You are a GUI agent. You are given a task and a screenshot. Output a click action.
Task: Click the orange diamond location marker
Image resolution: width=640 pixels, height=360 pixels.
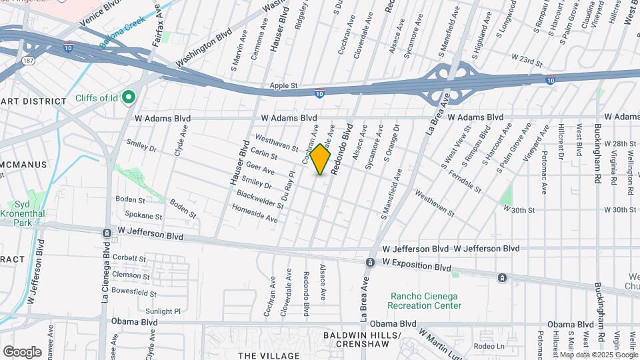pyautogui.click(x=321, y=159)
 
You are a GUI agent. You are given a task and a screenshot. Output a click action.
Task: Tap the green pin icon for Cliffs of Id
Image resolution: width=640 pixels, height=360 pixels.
pyautogui.click(x=129, y=98)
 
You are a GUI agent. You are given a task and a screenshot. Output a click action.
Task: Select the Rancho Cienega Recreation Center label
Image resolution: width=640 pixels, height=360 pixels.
pyautogui.click(x=426, y=301)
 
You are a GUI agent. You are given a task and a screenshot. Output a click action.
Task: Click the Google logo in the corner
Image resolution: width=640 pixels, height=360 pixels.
pyautogui.click(x=22, y=351)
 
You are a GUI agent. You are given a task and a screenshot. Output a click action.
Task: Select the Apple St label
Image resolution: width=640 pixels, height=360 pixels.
pyautogui.click(x=283, y=86)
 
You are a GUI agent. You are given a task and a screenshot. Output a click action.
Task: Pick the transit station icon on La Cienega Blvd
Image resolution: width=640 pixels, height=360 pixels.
pyautogui.click(x=107, y=233)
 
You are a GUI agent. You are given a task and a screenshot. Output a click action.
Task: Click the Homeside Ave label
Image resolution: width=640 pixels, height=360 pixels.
pyautogui.click(x=255, y=213)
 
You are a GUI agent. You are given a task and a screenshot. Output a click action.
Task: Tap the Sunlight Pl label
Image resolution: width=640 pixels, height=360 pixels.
pyautogui.click(x=164, y=311)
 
